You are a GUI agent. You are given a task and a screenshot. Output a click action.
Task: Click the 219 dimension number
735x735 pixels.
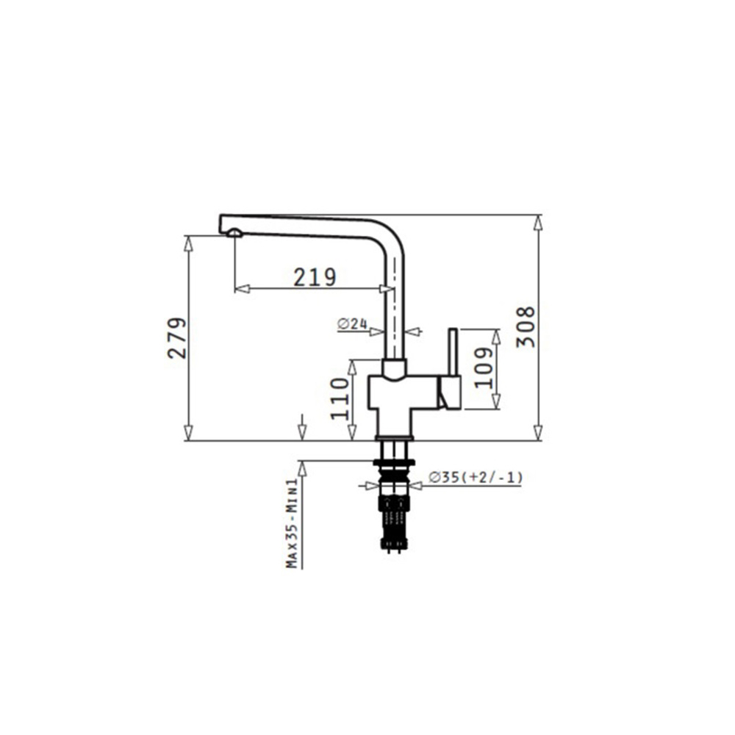315,277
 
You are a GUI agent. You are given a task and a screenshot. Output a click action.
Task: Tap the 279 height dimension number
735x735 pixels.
177,338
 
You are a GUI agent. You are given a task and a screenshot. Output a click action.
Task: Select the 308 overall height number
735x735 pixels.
526,327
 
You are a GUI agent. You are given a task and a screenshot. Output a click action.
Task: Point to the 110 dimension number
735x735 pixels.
340,398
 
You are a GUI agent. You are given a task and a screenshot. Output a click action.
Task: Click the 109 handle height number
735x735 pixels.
484,367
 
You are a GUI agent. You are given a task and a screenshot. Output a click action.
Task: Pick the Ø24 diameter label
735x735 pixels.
352,323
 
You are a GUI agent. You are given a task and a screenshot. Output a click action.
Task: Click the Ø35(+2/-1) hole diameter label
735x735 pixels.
476,477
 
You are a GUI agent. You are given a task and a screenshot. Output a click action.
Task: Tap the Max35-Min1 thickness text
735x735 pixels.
293,523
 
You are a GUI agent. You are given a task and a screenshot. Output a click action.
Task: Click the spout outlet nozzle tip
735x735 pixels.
234,233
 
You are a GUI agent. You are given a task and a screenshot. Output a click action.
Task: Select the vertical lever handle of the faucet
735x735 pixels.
453,351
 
